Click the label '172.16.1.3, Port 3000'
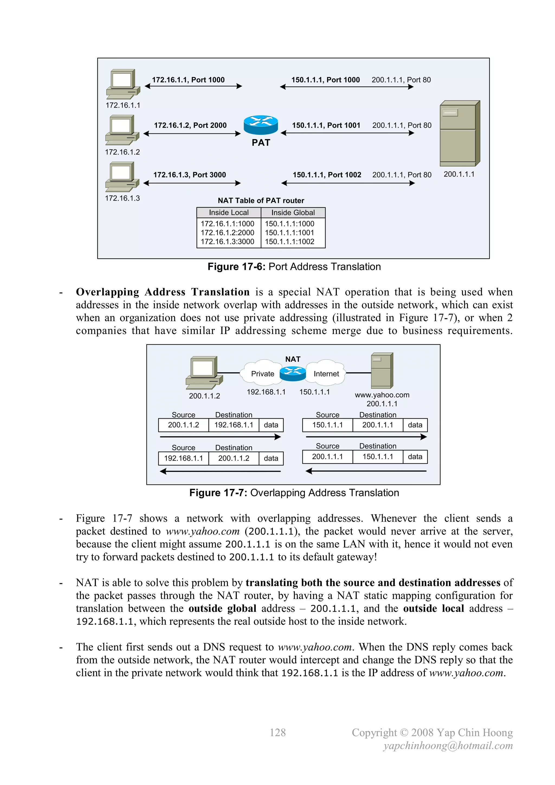pos(189,175)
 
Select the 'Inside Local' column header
pos(229,213)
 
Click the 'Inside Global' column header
pos(293,213)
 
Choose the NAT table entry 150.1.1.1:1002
pos(289,242)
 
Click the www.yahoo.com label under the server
pos(382,395)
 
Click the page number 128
pos(277,732)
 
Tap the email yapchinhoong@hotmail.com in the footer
pos(448,745)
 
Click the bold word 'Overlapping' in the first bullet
pos(107,292)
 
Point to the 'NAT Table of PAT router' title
pos(261,201)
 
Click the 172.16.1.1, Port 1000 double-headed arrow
pos(193,86)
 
